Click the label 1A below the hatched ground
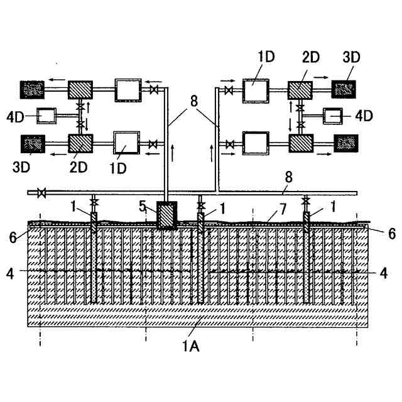(191, 347)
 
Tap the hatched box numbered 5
(167, 215)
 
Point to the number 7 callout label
(283, 209)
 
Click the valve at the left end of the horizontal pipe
(41, 193)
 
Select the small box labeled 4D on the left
(46, 116)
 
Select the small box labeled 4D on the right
(333, 116)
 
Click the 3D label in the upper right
(351, 57)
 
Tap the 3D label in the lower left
(21, 167)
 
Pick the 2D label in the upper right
(311, 57)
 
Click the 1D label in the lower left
(118, 168)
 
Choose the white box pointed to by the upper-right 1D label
(256, 91)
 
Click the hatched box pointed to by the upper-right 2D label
(300, 90)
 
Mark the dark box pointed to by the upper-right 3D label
(344, 89)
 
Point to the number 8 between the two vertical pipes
(194, 101)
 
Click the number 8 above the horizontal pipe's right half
(289, 177)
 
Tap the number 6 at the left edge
(13, 237)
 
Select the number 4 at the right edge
(383, 273)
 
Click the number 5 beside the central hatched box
(143, 206)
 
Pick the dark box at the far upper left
(32, 90)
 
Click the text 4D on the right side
(364, 116)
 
